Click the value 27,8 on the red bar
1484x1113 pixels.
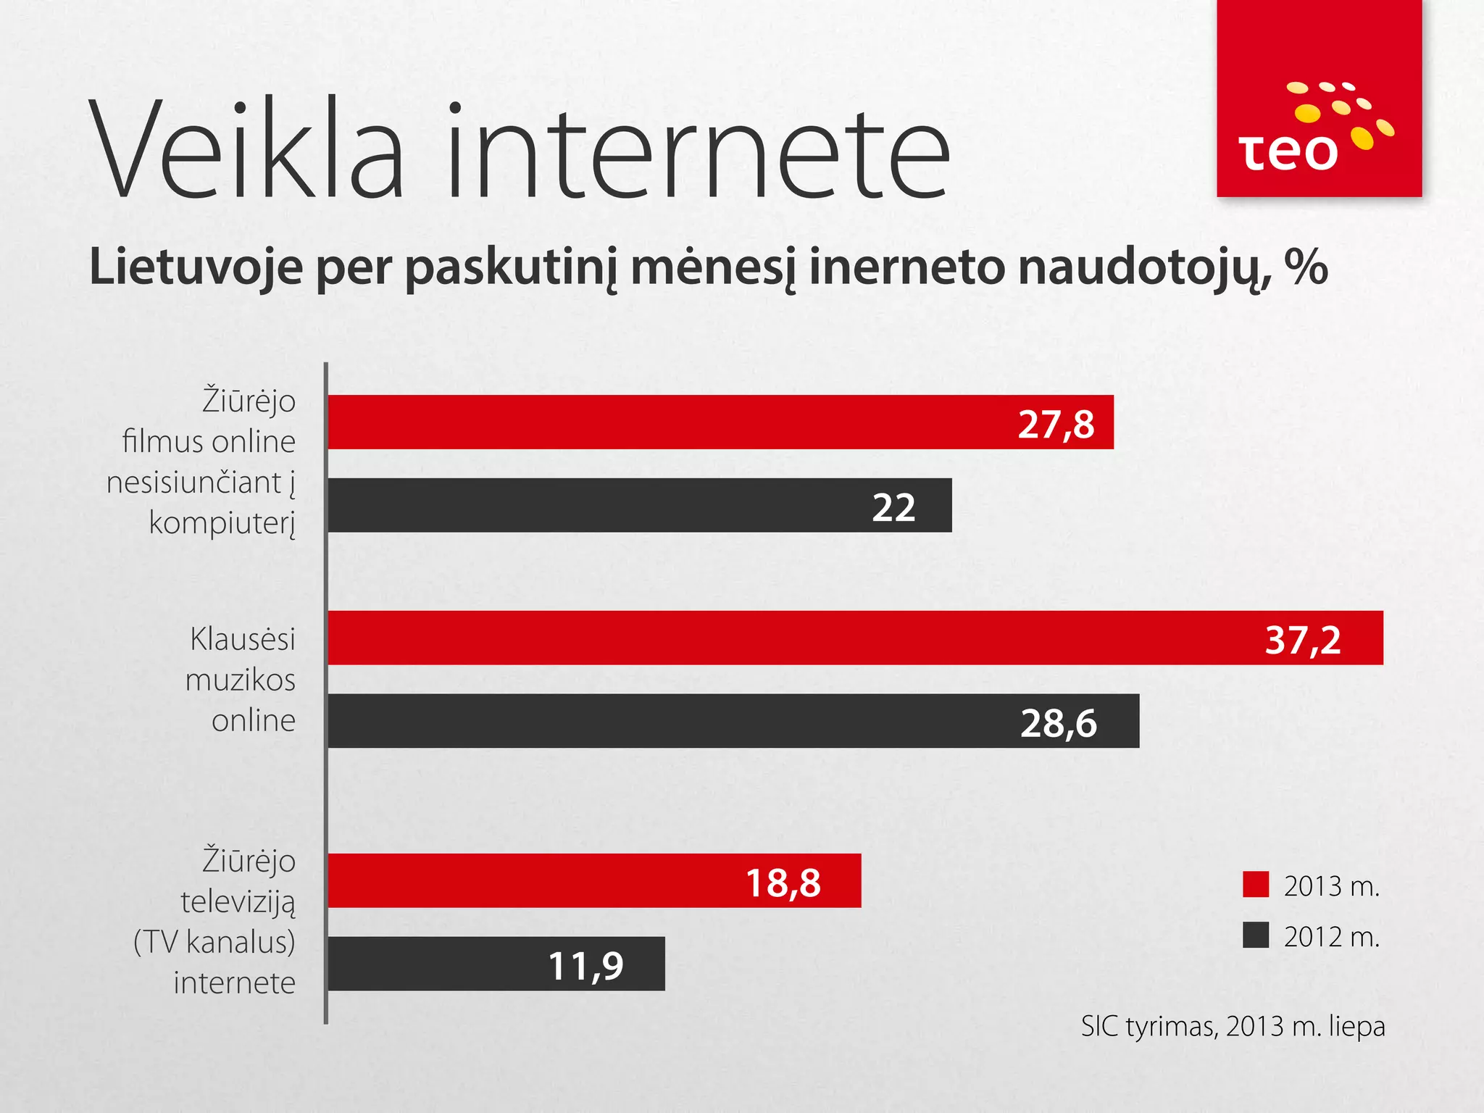point(1056,424)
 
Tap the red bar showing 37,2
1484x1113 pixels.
point(855,638)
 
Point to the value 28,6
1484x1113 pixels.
point(1059,723)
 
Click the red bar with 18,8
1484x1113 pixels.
point(594,880)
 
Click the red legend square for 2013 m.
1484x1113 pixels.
point(1255,885)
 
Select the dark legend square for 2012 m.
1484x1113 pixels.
point(1255,935)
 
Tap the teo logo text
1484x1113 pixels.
point(1288,153)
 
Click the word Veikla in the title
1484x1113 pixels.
point(246,152)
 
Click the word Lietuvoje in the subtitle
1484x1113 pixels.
point(196,267)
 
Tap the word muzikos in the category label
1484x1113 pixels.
point(241,680)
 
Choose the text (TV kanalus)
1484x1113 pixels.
point(214,942)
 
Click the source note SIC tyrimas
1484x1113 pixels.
point(1149,1026)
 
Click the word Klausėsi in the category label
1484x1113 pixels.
point(243,640)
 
